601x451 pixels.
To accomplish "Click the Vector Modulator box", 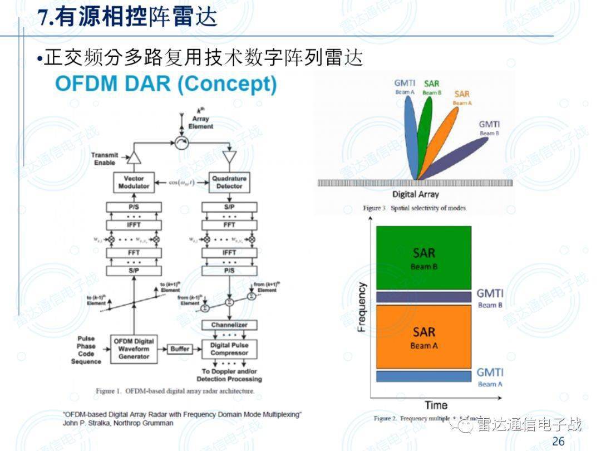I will click(x=134, y=182).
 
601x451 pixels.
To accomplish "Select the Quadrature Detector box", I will click(x=229, y=182).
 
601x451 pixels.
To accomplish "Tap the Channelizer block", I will click(x=229, y=325).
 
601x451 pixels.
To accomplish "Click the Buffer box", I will click(x=180, y=349).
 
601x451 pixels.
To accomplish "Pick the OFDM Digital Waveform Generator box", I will click(x=134, y=349).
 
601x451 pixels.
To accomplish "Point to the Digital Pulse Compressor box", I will click(x=229, y=349).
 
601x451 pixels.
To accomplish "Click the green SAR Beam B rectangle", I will click(x=423, y=258).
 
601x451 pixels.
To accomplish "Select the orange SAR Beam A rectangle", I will click(x=423, y=337).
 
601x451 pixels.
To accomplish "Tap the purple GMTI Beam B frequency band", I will click(x=423, y=297).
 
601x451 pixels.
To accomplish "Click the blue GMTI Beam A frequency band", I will click(x=423, y=376).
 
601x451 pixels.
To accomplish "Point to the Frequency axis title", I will click(x=362, y=307).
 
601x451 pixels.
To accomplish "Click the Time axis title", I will click(x=436, y=405).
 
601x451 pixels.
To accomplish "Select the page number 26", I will click(x=558, y=442).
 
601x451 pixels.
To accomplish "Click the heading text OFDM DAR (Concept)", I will click(x=166, y=84).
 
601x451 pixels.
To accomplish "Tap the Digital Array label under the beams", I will click(x=415, y=194).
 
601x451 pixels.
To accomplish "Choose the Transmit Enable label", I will click(x=104, y=159).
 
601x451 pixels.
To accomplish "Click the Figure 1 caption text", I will click(x=175, y=391).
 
